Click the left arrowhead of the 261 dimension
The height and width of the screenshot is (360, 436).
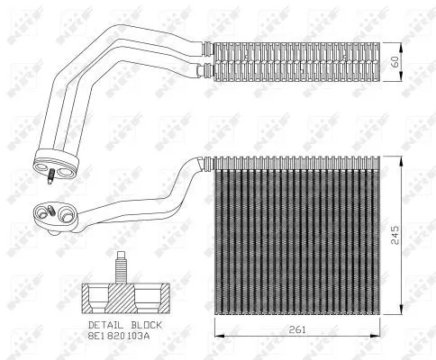tap(217, 339)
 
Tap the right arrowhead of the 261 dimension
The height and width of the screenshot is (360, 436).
tap(382, 339)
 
